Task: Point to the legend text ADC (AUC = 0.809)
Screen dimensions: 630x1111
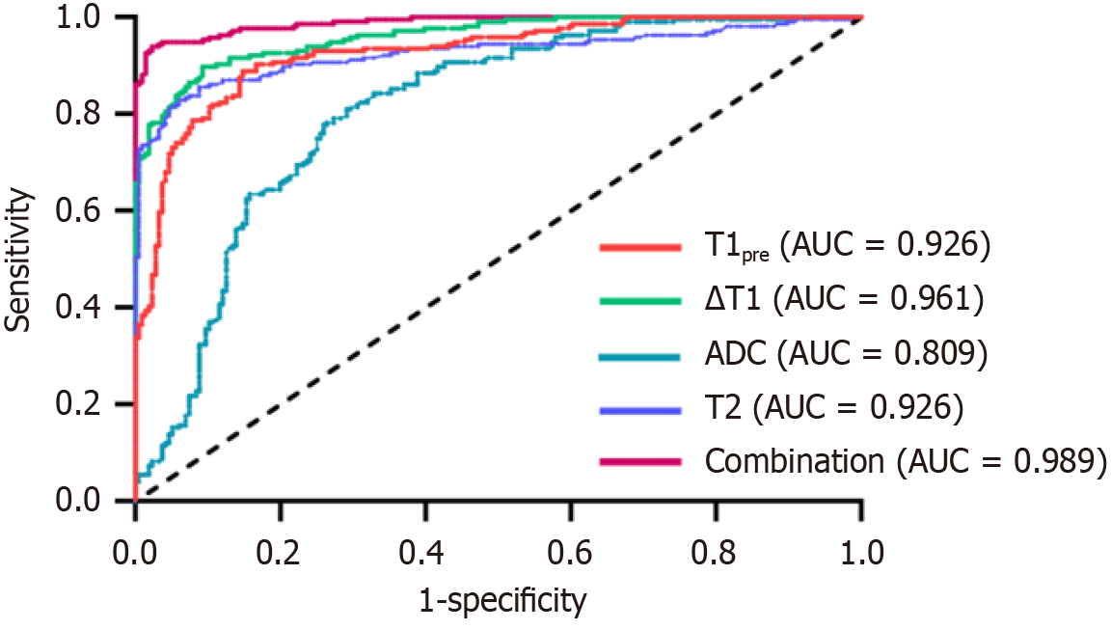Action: pyautogui.click(x=847, y=355)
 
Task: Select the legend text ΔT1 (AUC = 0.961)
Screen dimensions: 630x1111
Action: pyautogui.click(x=845, y=301)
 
